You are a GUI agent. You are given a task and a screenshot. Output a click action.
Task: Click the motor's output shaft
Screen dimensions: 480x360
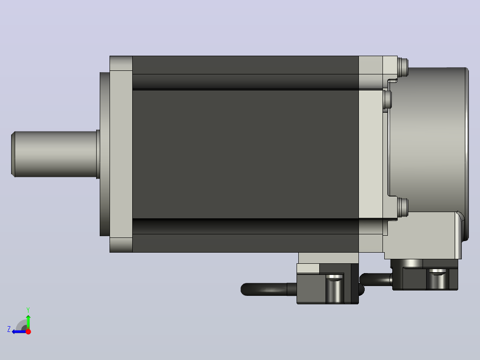(55, 154)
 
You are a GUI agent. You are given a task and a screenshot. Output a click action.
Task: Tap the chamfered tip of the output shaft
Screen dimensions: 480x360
(13, 154)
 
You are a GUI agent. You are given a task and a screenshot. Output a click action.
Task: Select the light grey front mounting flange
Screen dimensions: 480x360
(121, 154)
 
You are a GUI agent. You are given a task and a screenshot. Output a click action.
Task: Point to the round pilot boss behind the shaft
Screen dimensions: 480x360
(105, 154)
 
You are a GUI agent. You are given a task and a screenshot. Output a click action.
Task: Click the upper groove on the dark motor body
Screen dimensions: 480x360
(245, 82)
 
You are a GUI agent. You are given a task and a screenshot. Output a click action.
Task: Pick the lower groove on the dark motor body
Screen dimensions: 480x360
(245, 226)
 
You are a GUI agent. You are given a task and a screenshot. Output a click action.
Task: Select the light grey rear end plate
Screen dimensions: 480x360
(371, 154)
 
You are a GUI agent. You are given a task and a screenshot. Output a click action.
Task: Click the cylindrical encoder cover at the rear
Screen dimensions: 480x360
(428, 141)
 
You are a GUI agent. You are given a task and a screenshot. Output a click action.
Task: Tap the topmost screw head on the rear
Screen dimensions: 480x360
(403, 67)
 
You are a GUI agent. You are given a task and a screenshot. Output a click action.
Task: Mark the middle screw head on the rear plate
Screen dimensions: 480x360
(387, 99)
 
